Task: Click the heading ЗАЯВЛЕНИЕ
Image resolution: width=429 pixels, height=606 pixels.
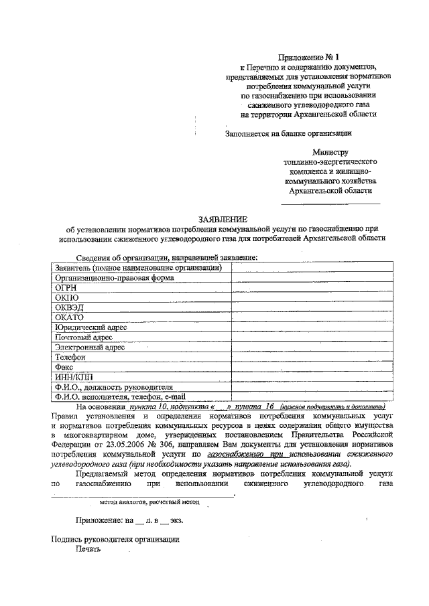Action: tap(223, 219)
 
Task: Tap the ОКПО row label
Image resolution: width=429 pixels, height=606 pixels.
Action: tap(68, 297)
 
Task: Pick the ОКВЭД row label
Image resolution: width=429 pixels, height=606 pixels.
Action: tap(70, 307)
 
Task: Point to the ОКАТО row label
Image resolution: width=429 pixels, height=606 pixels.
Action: tap(70, 317)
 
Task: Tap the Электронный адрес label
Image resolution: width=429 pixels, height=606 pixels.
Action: tap(90, 348)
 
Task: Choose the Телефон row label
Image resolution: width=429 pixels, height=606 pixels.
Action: tap(71, 358)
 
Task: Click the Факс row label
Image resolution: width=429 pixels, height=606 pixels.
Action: tap(66, 368)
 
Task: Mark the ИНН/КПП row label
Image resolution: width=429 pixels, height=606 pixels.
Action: tap(73, 378)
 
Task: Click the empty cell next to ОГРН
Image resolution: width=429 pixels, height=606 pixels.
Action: tap(310, 287)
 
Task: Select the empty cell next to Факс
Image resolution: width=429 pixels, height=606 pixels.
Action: tap(310, 368)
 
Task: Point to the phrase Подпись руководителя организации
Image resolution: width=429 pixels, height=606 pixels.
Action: tap(115, 540)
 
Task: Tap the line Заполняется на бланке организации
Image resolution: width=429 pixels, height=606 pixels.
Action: tap(289, 133)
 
